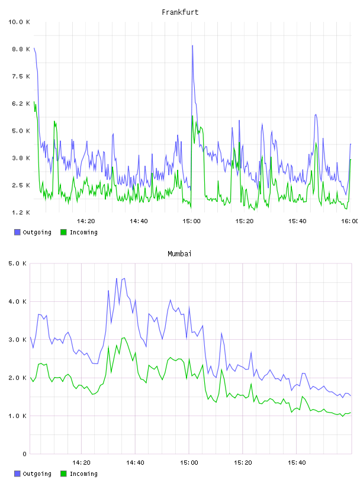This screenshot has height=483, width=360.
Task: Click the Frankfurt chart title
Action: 180,12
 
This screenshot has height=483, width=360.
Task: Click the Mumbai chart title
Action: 179,254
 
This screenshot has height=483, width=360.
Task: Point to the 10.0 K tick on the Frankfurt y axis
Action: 19,22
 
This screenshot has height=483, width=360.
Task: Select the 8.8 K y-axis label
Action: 21,49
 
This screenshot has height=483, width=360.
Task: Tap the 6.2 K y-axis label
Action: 21,104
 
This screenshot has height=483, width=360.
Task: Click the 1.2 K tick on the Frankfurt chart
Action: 21,212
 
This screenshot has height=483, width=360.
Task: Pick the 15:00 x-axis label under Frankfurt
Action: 191,221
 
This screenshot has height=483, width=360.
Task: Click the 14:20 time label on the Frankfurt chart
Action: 86,221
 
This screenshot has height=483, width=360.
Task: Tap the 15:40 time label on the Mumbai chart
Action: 297,463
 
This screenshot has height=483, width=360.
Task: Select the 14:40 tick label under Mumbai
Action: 135,463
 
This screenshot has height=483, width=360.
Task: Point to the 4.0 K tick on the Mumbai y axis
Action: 18,301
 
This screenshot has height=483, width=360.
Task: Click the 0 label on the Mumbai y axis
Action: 25,454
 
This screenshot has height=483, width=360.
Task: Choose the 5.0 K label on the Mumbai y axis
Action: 18,263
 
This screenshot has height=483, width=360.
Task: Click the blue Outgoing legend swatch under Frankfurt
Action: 17,232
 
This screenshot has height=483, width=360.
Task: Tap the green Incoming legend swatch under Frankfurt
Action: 63,232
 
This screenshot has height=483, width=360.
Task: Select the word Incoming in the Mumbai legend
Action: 83,474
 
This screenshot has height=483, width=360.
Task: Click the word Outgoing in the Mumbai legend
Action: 37,474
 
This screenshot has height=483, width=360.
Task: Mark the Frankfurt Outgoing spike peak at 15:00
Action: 192,46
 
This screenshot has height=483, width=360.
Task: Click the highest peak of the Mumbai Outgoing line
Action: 124,278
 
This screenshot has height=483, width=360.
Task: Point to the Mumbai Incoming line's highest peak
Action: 124,337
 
